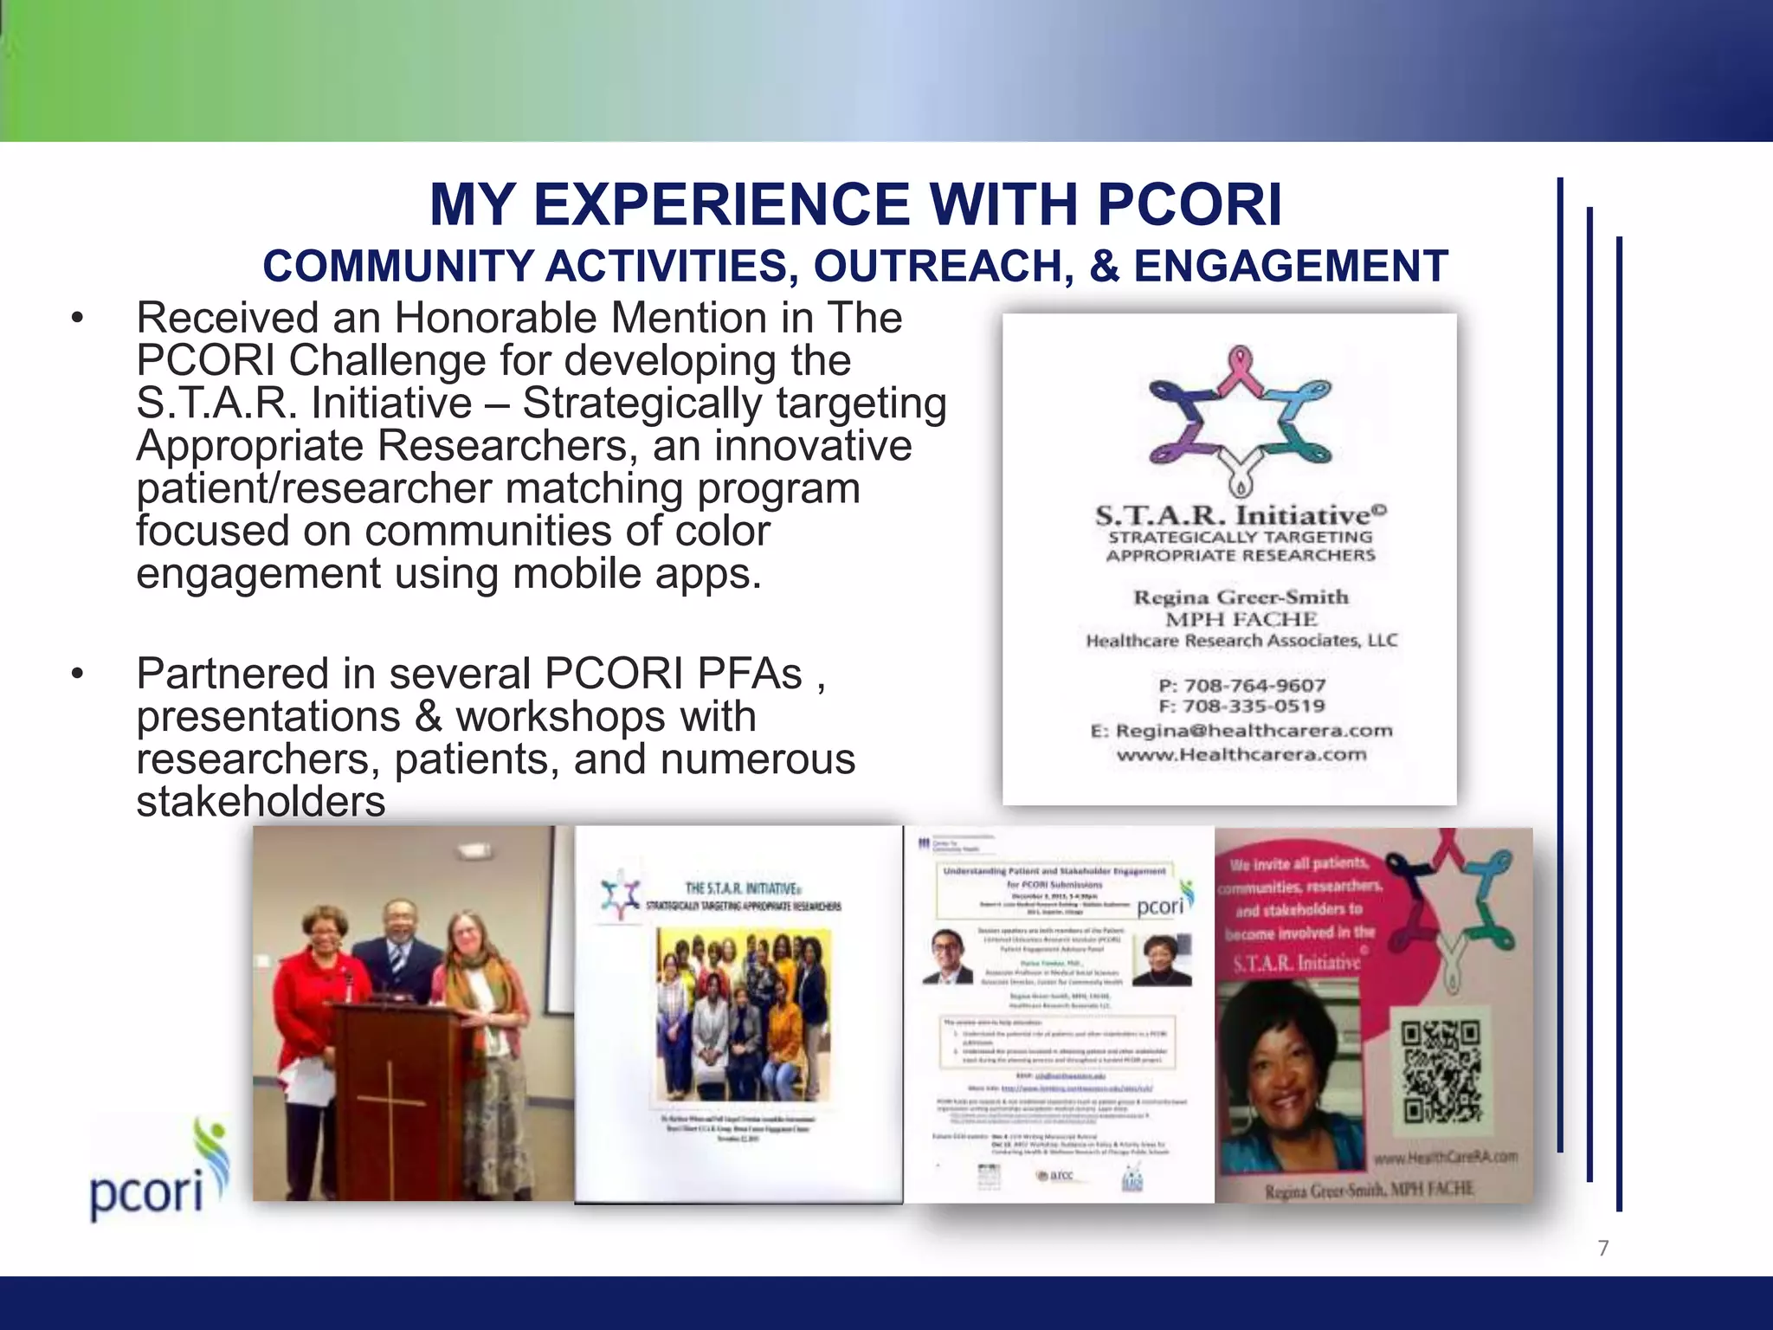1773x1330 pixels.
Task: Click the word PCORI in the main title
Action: click(1190, 205)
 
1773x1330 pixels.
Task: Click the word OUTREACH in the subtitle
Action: click(943, 266)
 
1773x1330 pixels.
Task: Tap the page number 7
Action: click(1602, 1248)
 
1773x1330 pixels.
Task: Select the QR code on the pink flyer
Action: click(1441, 1071)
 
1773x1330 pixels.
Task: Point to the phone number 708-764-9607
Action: click(1254, 686)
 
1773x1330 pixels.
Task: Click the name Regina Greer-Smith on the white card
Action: click(1241, 597)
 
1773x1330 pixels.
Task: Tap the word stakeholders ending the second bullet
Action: click(261, 801)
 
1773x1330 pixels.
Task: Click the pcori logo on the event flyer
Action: click(1164, 903)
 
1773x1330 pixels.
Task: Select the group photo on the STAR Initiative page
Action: click(743, 1013)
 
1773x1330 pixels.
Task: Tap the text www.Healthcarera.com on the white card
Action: click(1241, 754)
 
